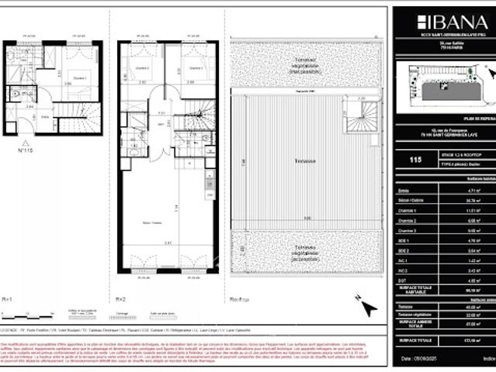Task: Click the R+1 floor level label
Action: [8, 298]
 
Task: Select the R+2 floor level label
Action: [121, 298]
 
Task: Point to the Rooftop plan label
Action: [238, 298]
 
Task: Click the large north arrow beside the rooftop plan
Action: [366, 308]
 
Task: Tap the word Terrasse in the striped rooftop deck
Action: [303, 161]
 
